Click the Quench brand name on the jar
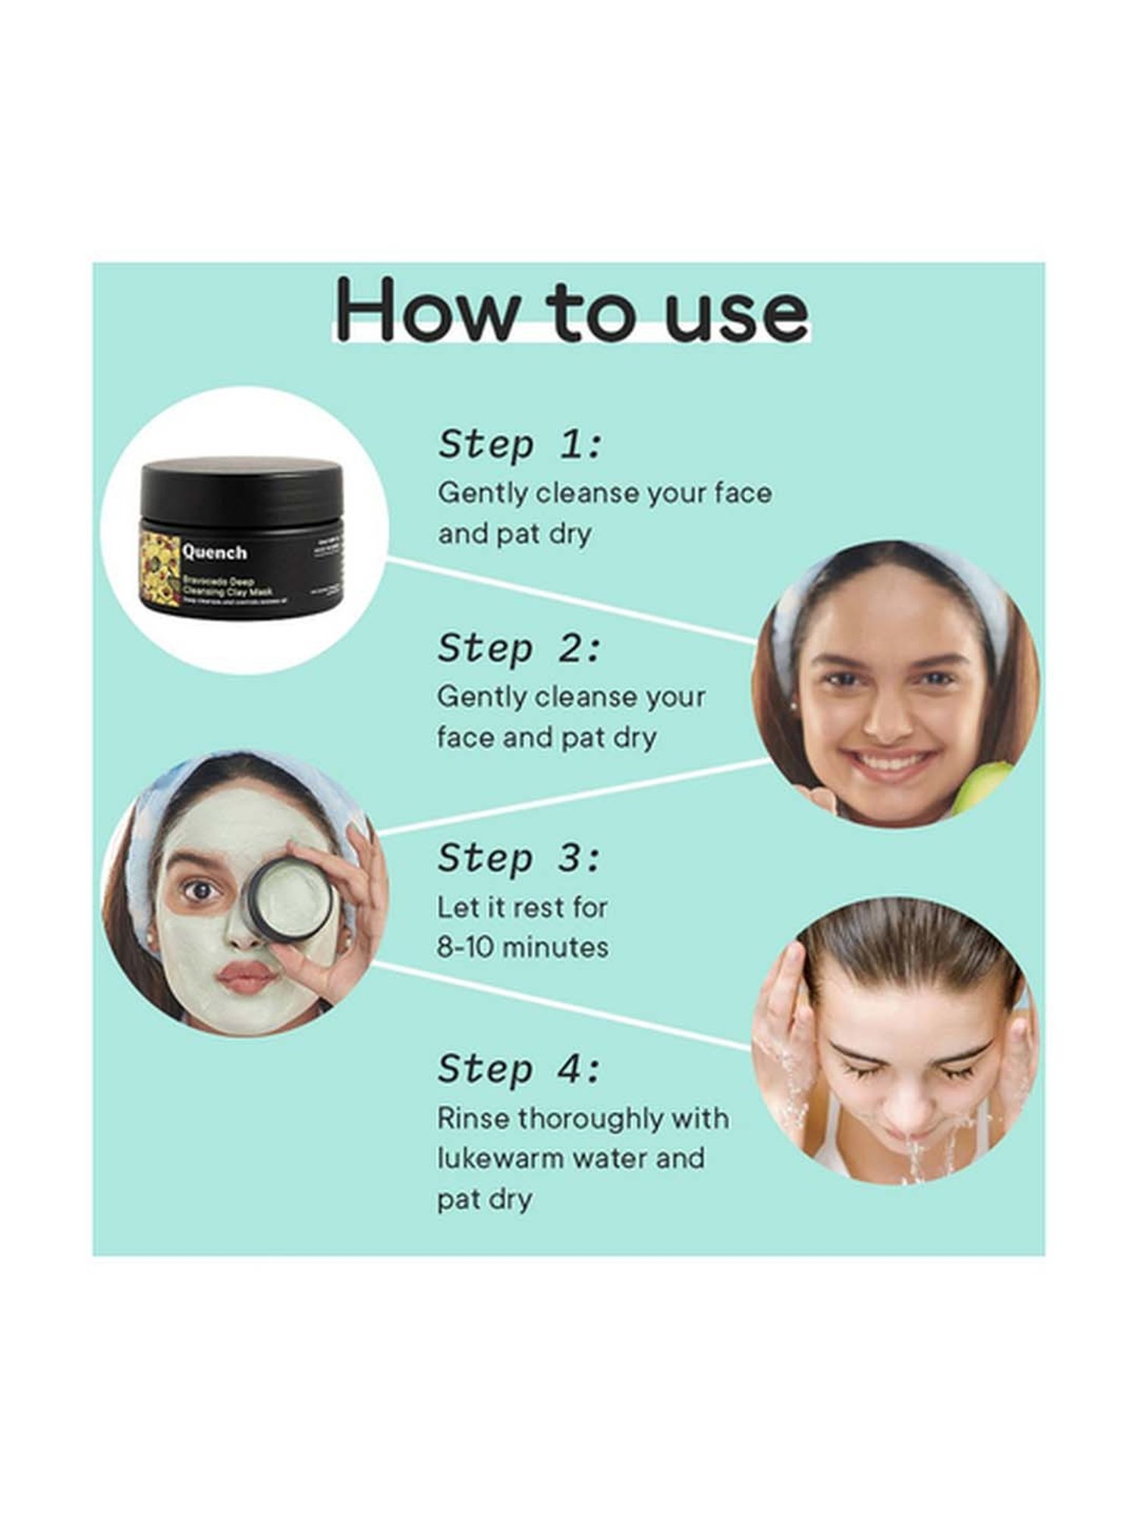coord(215,553)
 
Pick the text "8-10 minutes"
coord(522,947)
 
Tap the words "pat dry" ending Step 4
coord(484,1199)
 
